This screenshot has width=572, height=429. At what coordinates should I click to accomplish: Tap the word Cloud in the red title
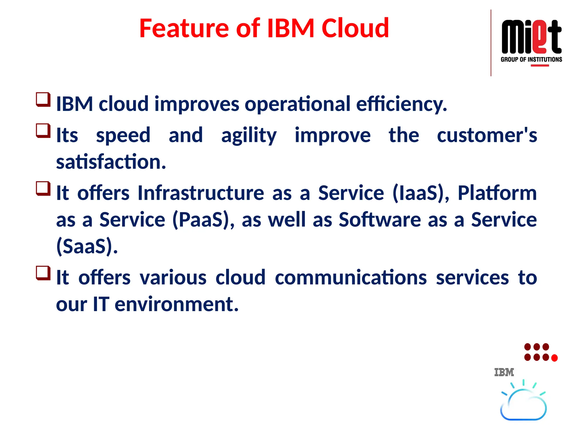click(355, 28)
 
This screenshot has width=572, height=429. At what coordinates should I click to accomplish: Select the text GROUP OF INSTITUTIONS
click(531, 59)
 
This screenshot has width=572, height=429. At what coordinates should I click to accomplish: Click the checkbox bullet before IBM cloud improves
click(43, 100)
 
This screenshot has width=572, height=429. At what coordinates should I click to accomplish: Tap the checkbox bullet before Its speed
click(43, 131)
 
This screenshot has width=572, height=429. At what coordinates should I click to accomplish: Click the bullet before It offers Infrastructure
click(43, 189)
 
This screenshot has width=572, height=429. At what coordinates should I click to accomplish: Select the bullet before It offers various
click(43, 273)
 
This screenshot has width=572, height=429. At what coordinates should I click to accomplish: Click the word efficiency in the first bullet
click(401, 104)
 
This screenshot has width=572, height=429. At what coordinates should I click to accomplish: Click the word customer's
click(487, 135)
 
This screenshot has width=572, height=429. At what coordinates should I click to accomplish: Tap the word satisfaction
click(111, 162)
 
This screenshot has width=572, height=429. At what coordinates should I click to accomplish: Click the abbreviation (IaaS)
click(421, 193)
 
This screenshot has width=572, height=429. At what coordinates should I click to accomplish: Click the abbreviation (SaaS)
click(87, 246)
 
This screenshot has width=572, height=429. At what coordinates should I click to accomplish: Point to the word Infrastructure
click(201, 193)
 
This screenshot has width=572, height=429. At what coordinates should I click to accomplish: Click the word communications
click(351, 278)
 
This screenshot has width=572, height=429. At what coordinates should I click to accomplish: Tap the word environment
click(176, 304)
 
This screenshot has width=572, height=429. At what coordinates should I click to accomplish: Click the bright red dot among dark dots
click(554, 358)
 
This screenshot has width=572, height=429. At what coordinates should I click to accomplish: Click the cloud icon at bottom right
click(523, 405)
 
